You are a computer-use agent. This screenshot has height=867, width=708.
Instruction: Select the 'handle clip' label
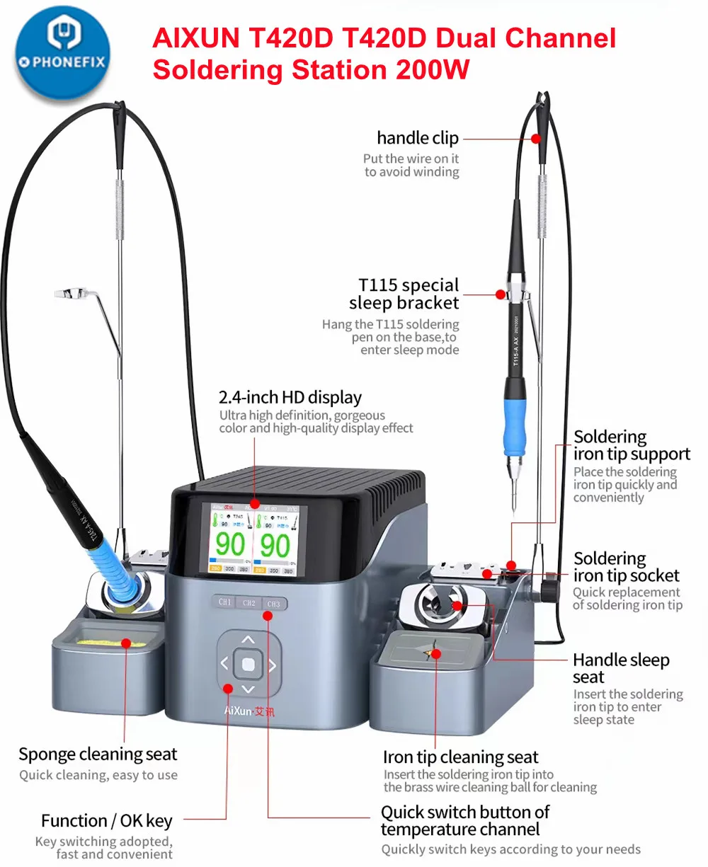click(x=417, y=138)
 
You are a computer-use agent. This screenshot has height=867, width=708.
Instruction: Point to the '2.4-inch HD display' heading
click(x=290, y=397)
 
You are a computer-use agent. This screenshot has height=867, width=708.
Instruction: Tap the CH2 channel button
click(x=249, y=602)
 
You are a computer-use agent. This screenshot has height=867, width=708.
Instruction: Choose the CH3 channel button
click(x=273, y=604)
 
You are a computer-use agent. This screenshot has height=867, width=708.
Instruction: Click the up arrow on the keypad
click(x=248, y=640)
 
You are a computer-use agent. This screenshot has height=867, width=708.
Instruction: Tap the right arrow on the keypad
click(x=272, y=665)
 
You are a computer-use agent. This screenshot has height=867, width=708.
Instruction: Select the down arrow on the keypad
click(x=248, y=689)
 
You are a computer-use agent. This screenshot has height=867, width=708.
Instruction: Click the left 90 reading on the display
click(x=230, y=545)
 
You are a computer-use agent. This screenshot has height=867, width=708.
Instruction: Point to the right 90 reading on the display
click(x=275, y=545)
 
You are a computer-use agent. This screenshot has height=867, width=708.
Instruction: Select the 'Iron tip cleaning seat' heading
click(x=460, y=757)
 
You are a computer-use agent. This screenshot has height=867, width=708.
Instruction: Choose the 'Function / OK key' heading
click(x=107, y=821)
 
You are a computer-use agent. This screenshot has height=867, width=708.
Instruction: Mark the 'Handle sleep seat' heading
click(x=620, y=668)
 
